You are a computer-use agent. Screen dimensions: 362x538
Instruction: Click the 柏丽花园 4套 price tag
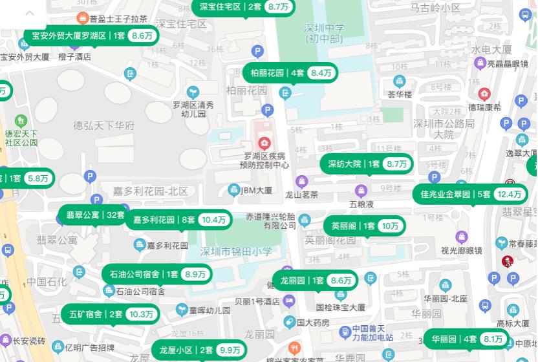pos(290,73)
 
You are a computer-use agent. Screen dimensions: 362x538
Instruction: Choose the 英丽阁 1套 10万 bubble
pos(365,226)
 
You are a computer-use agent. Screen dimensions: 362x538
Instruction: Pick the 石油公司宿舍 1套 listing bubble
pos(156,274)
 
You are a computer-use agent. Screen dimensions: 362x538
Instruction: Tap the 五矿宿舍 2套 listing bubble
pos(110,315)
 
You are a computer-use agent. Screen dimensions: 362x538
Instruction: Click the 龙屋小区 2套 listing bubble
pos(199,350)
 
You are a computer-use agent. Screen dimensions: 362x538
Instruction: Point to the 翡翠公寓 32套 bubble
pos(94,215)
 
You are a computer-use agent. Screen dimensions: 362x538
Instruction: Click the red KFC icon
pos(508,261)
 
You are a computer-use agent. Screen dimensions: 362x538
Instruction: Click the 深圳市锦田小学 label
pos(236,251)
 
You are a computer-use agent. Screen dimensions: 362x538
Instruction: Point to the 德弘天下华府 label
pos(103,125)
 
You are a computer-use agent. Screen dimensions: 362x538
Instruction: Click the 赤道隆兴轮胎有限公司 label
pos(270,220)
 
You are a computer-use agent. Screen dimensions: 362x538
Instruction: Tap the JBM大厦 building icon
pos(234,190)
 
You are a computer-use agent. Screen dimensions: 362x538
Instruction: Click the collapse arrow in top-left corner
pos(30,13)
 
